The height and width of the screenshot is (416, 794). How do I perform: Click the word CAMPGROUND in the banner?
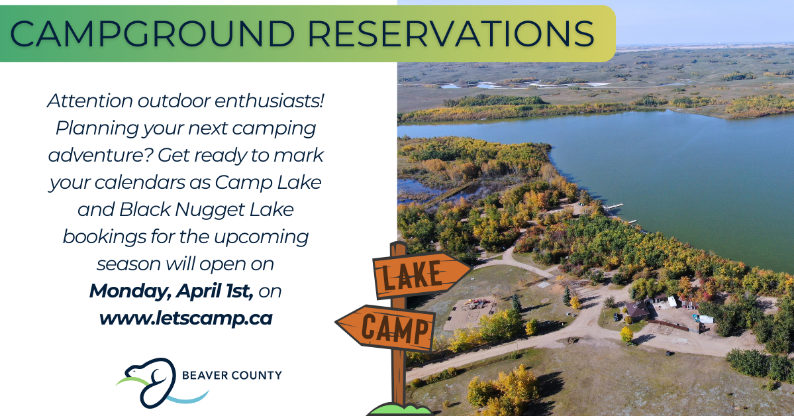(152, 33)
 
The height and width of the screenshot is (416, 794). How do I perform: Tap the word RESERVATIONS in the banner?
(451, 33)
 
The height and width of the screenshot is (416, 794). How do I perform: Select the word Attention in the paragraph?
(89, 101)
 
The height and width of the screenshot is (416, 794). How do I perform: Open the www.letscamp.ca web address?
(186, 319)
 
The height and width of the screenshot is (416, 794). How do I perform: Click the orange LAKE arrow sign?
(421, 275)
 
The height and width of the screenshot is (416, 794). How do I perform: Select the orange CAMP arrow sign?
(386, 328)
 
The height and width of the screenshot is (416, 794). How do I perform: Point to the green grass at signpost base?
(399, 409)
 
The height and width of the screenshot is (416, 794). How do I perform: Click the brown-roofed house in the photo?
(638, 309)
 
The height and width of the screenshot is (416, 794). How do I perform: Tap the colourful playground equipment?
(477, 303)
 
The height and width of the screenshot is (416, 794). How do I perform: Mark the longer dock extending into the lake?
(613, 207)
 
